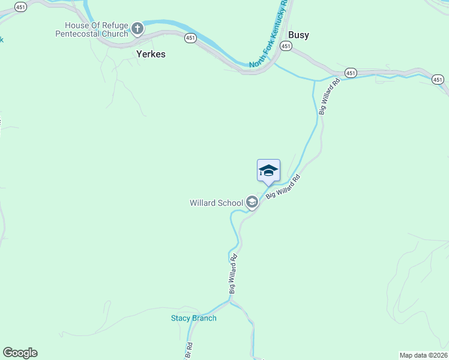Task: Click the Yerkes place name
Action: point(150,54)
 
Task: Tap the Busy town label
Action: point(298,35)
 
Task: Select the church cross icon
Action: point(137,28)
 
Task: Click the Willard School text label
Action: point(216,203)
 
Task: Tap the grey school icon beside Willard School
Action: point(252,203)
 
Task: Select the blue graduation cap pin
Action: point(268,171)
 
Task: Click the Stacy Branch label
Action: point(193,318)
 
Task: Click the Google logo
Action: point(20,353)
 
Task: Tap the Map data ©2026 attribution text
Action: point(423,355)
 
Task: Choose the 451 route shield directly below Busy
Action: point(286,46)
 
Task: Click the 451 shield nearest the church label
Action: point(190,38)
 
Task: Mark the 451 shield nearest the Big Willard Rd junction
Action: point(351,73)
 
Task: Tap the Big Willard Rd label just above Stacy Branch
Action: point(232,274)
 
